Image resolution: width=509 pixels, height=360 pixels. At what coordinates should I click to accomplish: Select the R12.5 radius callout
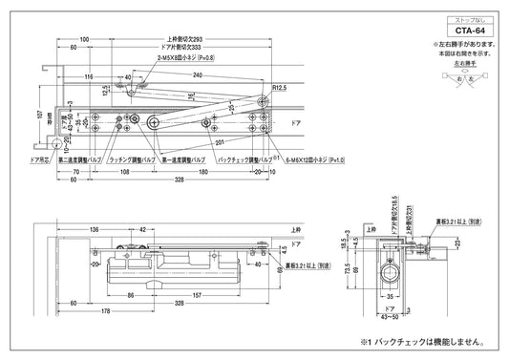tap(280, 87)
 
